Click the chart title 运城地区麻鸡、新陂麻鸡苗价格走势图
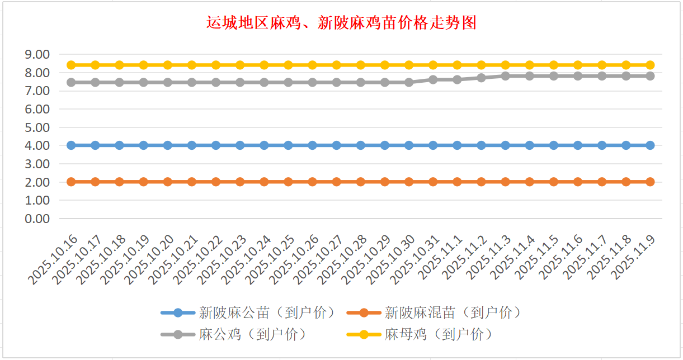point(341,23)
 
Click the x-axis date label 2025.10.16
point(54,260)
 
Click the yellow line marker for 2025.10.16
point(71,65)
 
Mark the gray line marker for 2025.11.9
point(650,75)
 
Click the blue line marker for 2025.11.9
point(650,145)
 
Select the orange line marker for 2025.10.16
point(71,182)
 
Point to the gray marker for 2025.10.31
point(433,79)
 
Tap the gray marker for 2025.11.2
point(481,78)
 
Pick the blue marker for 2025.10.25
point(288,145)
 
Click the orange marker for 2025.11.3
point(505,182)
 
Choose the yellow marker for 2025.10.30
point(409,65)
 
